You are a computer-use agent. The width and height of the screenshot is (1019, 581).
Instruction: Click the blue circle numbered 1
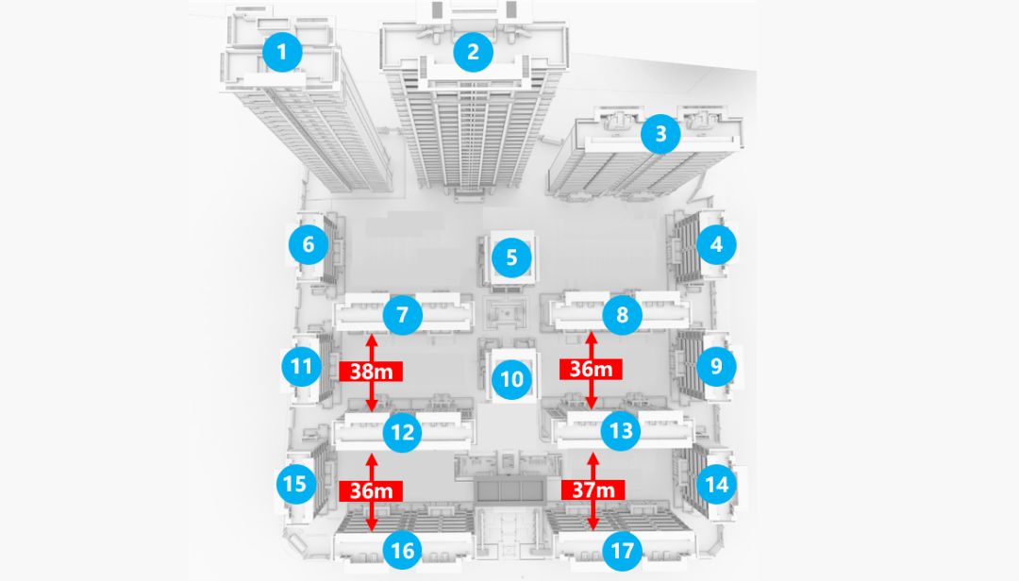point(282,52)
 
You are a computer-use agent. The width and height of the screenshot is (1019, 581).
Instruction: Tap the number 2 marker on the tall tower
point(473,52)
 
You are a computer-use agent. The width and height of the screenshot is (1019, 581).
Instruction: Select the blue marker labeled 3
point(660,134)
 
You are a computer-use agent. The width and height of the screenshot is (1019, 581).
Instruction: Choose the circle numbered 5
point(511,257)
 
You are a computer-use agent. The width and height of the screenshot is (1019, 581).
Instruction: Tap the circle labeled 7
point(403,315)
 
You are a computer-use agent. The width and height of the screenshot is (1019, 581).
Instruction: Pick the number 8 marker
point(622,315)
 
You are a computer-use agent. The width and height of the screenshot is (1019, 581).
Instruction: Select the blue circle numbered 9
point(716,365)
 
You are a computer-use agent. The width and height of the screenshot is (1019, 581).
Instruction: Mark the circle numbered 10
point(511,380)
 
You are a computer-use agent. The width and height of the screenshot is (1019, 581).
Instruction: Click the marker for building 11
point(302,366)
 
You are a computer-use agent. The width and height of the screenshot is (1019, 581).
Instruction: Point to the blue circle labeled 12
point(403,433)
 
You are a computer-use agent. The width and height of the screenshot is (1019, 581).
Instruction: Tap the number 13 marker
point(622,433)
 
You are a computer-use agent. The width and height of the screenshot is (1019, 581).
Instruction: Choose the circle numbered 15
point(295,484)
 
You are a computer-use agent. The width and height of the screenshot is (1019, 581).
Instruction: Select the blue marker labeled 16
point(403,550)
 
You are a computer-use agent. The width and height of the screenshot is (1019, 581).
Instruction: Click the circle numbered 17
point(622,550)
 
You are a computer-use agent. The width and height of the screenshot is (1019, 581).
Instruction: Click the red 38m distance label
point(372,371)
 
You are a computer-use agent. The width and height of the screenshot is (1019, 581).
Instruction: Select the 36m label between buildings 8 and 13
point(592,370)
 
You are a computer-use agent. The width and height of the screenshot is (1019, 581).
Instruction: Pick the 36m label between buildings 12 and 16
point(372,490)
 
